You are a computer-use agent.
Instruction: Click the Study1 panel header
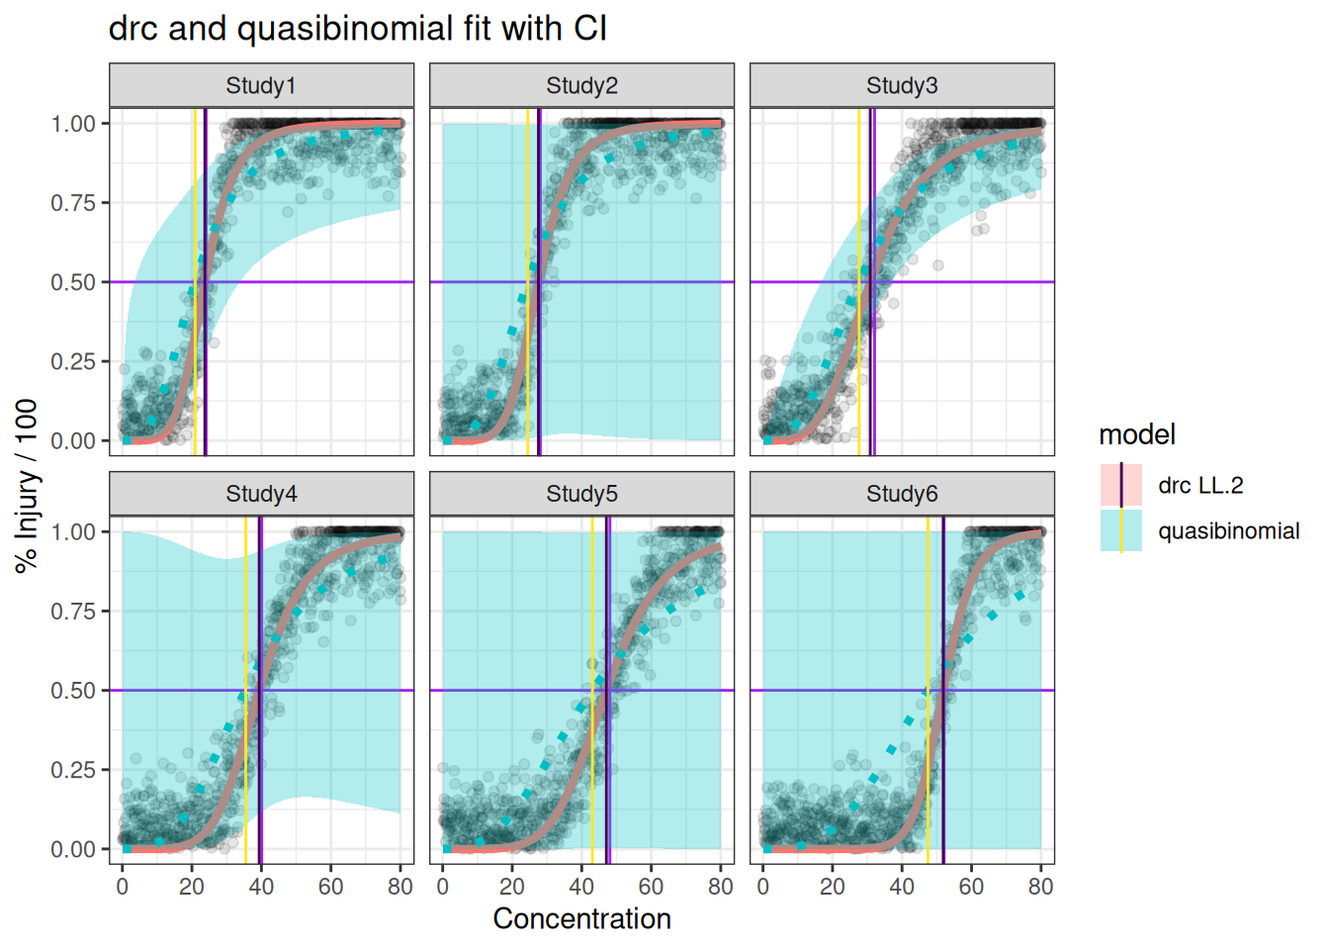coord(261,86)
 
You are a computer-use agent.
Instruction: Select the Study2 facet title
coord(581,86)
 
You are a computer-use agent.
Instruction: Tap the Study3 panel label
coord(902,86)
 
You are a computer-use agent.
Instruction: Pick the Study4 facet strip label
coord(261,494)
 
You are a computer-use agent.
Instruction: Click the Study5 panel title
coord(581,494)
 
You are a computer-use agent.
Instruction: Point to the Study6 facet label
coord(902,494)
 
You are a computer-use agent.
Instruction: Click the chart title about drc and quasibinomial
coord(357,29)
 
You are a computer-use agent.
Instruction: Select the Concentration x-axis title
coord(581,918)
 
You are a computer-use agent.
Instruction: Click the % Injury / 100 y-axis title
coord(27,485)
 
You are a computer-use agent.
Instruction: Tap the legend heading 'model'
coord(1136,434)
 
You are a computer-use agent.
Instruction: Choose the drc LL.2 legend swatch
coord(1120,485)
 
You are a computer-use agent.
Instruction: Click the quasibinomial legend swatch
coord(1120,530)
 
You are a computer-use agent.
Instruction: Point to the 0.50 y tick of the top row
coord(73,282)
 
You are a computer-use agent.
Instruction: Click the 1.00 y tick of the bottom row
coord(73,532)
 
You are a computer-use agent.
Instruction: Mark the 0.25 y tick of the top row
coord(73,361)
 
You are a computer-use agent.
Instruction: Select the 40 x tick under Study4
coord(261,887)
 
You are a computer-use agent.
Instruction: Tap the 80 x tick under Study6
coord(1040,887)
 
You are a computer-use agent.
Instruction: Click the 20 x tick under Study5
coord(512,887)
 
